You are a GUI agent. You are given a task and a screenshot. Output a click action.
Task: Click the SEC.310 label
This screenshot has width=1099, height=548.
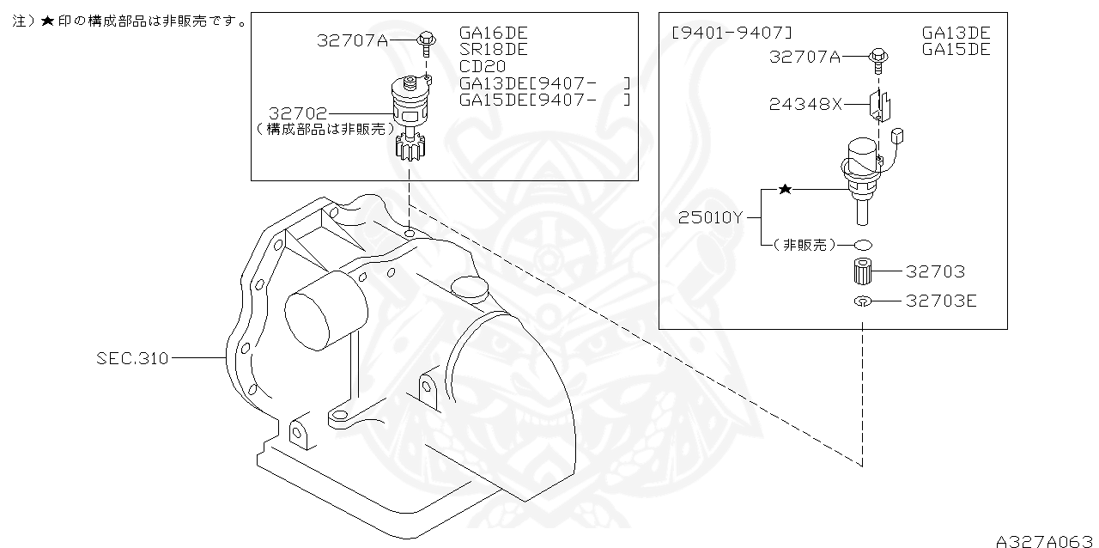(132, 357)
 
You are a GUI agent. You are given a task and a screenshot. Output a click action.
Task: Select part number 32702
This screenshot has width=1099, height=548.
(297, 113)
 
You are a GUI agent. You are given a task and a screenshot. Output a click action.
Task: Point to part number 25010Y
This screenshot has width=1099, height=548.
(710, 217)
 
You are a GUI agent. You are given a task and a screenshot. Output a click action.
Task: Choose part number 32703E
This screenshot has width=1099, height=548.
(941, 301)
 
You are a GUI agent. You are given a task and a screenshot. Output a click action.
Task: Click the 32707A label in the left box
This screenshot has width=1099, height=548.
(352, 40)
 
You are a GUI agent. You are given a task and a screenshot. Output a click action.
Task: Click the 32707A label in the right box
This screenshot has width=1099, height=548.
(805, 57)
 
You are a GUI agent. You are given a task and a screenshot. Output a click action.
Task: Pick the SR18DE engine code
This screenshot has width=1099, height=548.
(494, 50)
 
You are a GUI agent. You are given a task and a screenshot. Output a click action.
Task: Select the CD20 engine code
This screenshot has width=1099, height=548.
(483, 66)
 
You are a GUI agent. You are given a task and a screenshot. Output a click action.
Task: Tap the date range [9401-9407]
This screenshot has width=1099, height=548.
(732, 33)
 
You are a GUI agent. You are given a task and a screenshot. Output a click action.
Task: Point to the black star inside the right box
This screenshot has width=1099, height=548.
(784, 189)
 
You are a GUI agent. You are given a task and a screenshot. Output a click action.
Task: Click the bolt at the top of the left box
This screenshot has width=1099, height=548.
(426, 40)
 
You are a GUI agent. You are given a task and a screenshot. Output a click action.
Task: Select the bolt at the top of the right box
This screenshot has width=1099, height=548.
(878, 58)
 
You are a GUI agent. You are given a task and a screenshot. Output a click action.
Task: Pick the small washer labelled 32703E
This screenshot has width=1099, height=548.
(863, 301)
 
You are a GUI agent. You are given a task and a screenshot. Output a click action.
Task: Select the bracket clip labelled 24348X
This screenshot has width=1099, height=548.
(880, 105)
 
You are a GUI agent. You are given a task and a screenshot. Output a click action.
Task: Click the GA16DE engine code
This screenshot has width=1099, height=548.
(494, 33)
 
